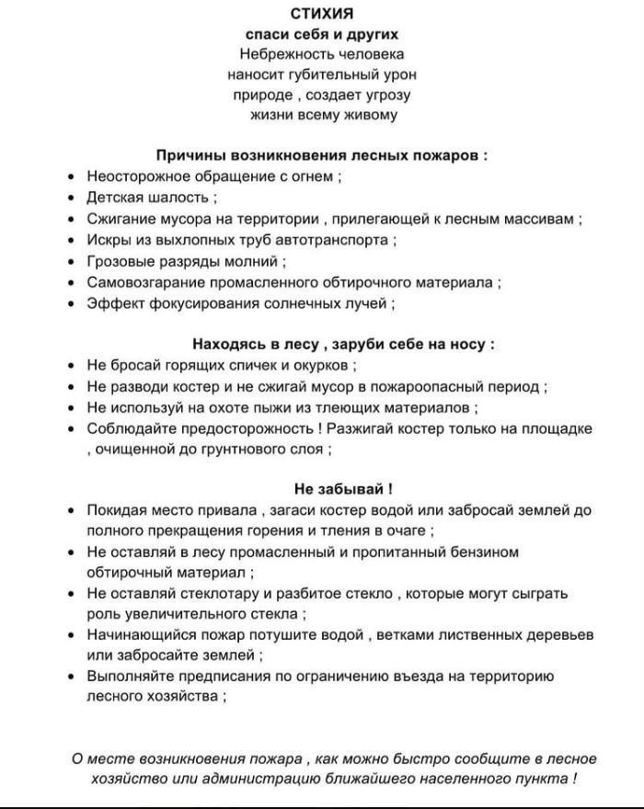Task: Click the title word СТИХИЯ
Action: [322, 14]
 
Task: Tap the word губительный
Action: [339, 74]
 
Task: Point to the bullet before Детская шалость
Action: [72, 198]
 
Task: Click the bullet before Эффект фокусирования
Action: [72, 303]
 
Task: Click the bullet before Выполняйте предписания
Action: [72, 677]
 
